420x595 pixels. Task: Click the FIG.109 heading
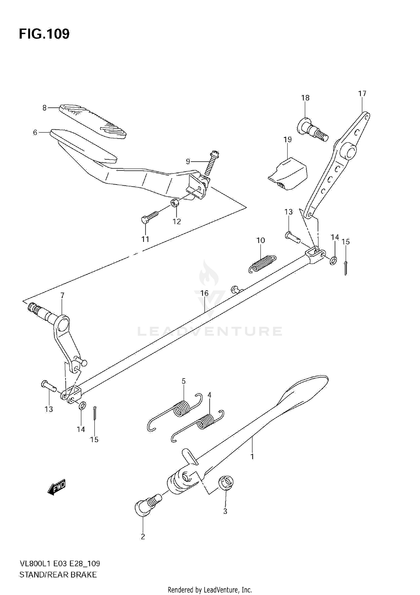[44, 34]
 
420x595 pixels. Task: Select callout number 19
[288, 139]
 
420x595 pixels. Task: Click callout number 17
[362, 94]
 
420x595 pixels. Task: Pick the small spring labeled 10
[262, 263]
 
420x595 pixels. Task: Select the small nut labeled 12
[175, 202]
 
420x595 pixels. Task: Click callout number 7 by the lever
[62, 295]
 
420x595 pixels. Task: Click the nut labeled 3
[226, 484]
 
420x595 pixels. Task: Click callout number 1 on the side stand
[252, 456]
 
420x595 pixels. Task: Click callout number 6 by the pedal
[35, 132]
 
